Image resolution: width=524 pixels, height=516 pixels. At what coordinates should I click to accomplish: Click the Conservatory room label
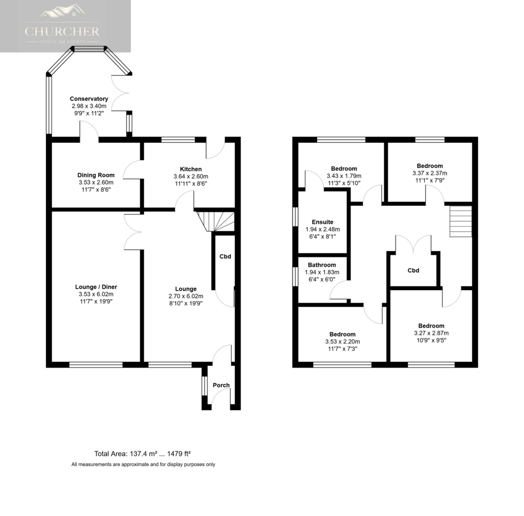(x=89, y=99)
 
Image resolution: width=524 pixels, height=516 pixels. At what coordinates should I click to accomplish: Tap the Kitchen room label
(x=191, y=169)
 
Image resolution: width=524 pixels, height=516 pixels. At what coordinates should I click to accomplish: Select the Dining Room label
(x=96, y=175)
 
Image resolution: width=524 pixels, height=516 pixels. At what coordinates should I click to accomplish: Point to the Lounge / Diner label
(x=96, y=287)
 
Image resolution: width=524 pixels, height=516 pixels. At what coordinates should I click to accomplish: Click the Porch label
(x=221, y=385)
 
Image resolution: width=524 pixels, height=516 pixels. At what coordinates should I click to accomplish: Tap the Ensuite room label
(x=322, y=222)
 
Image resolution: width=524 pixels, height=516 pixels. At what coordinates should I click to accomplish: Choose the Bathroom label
(x=322, y=265)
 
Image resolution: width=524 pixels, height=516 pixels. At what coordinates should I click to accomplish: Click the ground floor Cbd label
(x=225, y=256)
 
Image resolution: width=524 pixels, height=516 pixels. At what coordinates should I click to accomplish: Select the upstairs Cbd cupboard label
(x=413, y=270)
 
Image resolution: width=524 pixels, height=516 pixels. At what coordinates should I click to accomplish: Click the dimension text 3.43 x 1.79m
(x=344, y=176)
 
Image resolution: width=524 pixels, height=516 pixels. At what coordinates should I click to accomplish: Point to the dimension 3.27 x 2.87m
(x=431, y=333)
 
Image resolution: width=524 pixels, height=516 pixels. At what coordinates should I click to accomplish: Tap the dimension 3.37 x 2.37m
(x=430, y=173)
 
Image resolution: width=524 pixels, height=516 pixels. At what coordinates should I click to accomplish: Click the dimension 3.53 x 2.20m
(x=342, y=341)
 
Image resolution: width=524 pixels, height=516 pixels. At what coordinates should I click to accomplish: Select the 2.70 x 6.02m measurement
(x=186, y=296)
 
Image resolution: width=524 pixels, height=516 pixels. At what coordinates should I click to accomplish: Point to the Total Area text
(x=142, y=454)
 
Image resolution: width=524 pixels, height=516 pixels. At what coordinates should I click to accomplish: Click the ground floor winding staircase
(x=215, y=221)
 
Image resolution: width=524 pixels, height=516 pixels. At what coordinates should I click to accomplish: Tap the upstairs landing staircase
(x=461, y=221)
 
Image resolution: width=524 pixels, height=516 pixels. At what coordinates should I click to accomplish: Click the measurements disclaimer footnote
(x=143, y=464)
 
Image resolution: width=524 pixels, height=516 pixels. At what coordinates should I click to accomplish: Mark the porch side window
(x=205, y=386)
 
